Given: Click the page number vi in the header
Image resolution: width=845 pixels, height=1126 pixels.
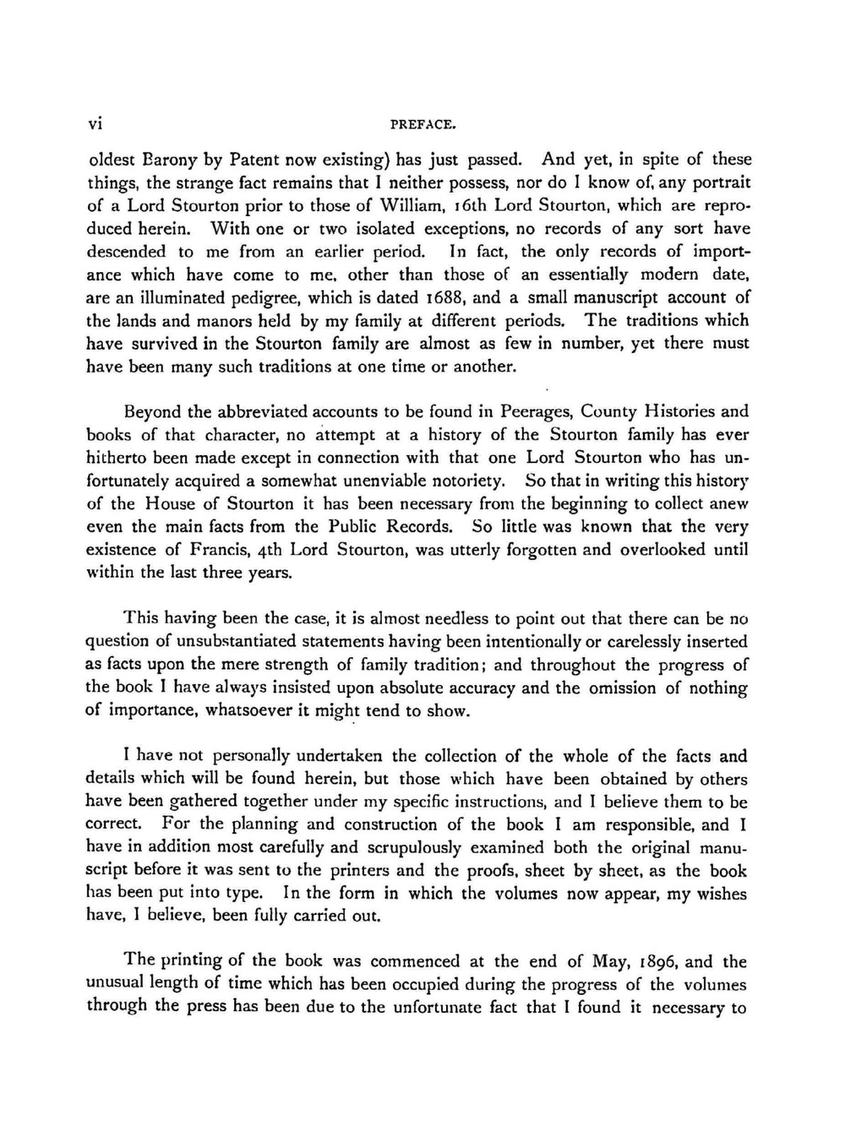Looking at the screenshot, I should (95, 123).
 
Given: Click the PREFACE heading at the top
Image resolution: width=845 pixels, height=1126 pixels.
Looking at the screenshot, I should (422, 124).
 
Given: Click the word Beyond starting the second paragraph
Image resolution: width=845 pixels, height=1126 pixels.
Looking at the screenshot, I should (151, 412).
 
